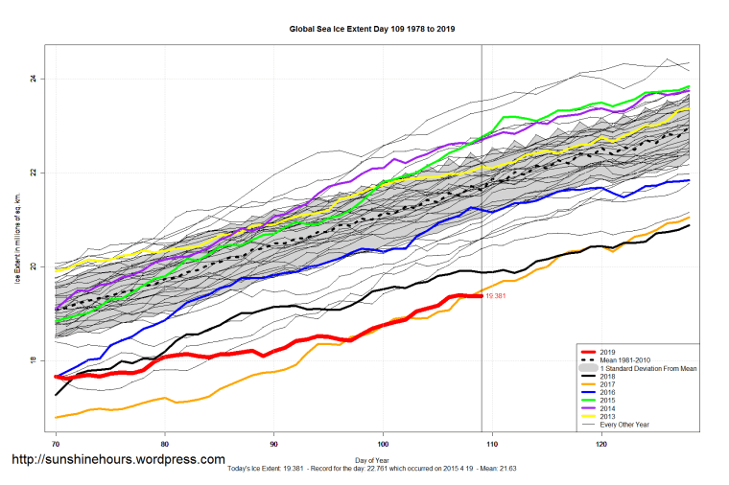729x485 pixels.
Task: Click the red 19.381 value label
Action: pos(496,297)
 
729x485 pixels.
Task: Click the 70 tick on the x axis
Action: pos(56,444)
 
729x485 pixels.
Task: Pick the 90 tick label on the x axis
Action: pos(274,444)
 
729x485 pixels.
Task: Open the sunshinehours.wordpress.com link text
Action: pos(117,461)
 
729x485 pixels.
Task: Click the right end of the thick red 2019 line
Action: pos(482,296)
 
